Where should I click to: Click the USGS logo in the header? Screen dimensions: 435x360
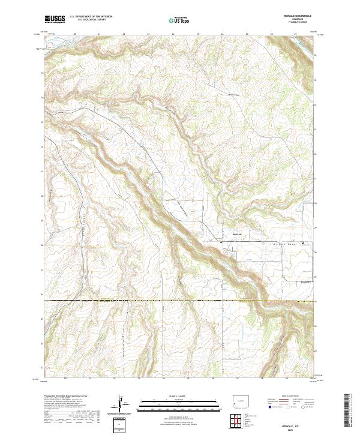(x=55, y=19)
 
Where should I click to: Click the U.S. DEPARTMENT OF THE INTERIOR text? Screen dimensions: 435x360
(x=91, y=16)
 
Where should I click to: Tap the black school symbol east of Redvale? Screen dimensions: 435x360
(x=302, y=243)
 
